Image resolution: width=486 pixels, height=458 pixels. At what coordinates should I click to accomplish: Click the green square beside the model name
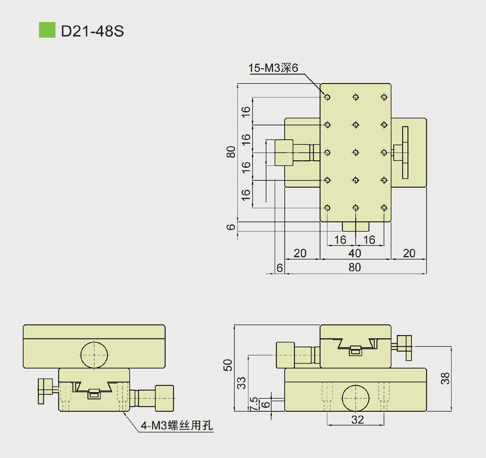(47, 30)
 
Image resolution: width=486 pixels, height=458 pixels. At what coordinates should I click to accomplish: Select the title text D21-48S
(92, 31)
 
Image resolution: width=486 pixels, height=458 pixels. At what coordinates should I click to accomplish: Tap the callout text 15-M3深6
(273, 68)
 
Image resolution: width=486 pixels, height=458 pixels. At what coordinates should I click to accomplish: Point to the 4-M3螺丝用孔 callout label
(177, 425)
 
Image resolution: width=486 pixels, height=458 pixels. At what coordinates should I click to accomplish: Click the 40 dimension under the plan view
(354, 253)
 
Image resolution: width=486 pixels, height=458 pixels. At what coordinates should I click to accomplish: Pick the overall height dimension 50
(228, 365)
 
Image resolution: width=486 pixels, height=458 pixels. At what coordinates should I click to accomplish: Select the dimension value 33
(241, 383)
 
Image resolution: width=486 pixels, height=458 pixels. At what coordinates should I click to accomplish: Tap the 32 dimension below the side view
(357, 420)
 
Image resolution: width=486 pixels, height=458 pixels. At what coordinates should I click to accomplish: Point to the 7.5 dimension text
(254, 404)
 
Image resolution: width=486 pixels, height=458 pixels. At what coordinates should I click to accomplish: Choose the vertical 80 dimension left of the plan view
(231, 152)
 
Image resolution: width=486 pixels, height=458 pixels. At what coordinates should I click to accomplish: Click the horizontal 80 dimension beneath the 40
(354, 267)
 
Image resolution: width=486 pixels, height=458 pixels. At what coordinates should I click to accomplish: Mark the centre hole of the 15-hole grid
(356, 152)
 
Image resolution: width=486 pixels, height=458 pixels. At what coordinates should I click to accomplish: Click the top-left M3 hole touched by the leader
(327, 97)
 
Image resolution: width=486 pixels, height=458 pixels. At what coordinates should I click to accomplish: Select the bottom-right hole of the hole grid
(384, 208)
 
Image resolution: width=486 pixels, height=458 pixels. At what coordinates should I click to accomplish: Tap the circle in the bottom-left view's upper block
(94, 355)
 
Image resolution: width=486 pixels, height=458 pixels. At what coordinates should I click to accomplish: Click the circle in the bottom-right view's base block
(355, 398)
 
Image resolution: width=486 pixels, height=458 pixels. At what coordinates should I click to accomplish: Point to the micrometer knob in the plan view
(284, 152)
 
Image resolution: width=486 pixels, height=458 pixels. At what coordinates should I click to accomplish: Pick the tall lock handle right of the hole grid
(405, 152)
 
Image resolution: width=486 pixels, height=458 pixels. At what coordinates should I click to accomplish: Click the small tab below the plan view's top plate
(356, 227)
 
